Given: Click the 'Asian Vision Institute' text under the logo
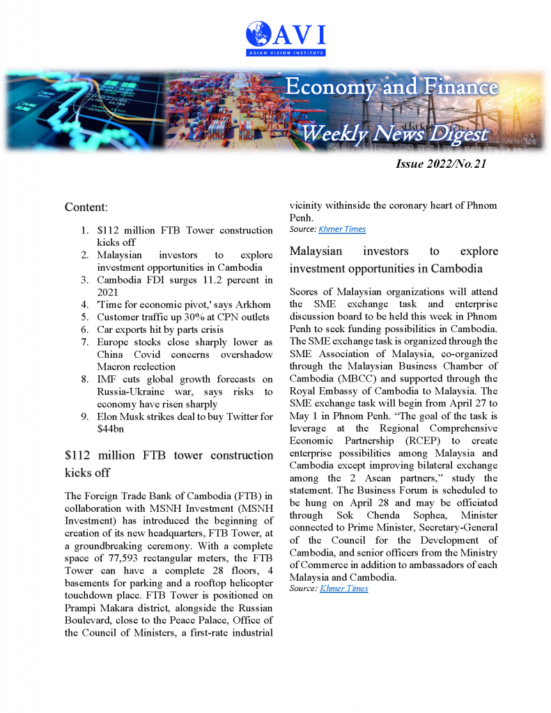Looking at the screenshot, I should pyautogui.click(x=286, y=52).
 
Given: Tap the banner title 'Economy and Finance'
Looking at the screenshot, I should pyautogui.click(x=392, y=88).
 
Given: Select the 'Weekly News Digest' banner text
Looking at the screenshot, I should pyautogui.click(x=394, y=134).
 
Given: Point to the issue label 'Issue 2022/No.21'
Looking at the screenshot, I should pyautogui.click(x=440, y=164).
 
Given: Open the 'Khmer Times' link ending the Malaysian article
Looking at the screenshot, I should pyautogui.click(x=344, y=588).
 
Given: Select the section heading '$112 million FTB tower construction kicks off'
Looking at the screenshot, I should pyautogui.click(x=169, y=463).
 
